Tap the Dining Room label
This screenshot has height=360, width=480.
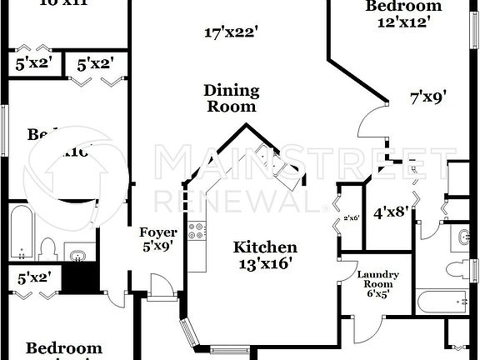pyautogui.click(x=232, y=98)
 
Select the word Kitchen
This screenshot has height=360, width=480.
pyautogui.click(x=265, y=247)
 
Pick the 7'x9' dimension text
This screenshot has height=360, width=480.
pyautogui.click(x=428, y=97)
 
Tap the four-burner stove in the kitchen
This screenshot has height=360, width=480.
pyautogui.click(x=197, y=230)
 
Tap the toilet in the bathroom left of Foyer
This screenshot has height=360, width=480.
pyautogui.click(x=47, y=248)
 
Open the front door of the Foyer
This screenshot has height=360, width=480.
pyautogui.click(x=164, y=287)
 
